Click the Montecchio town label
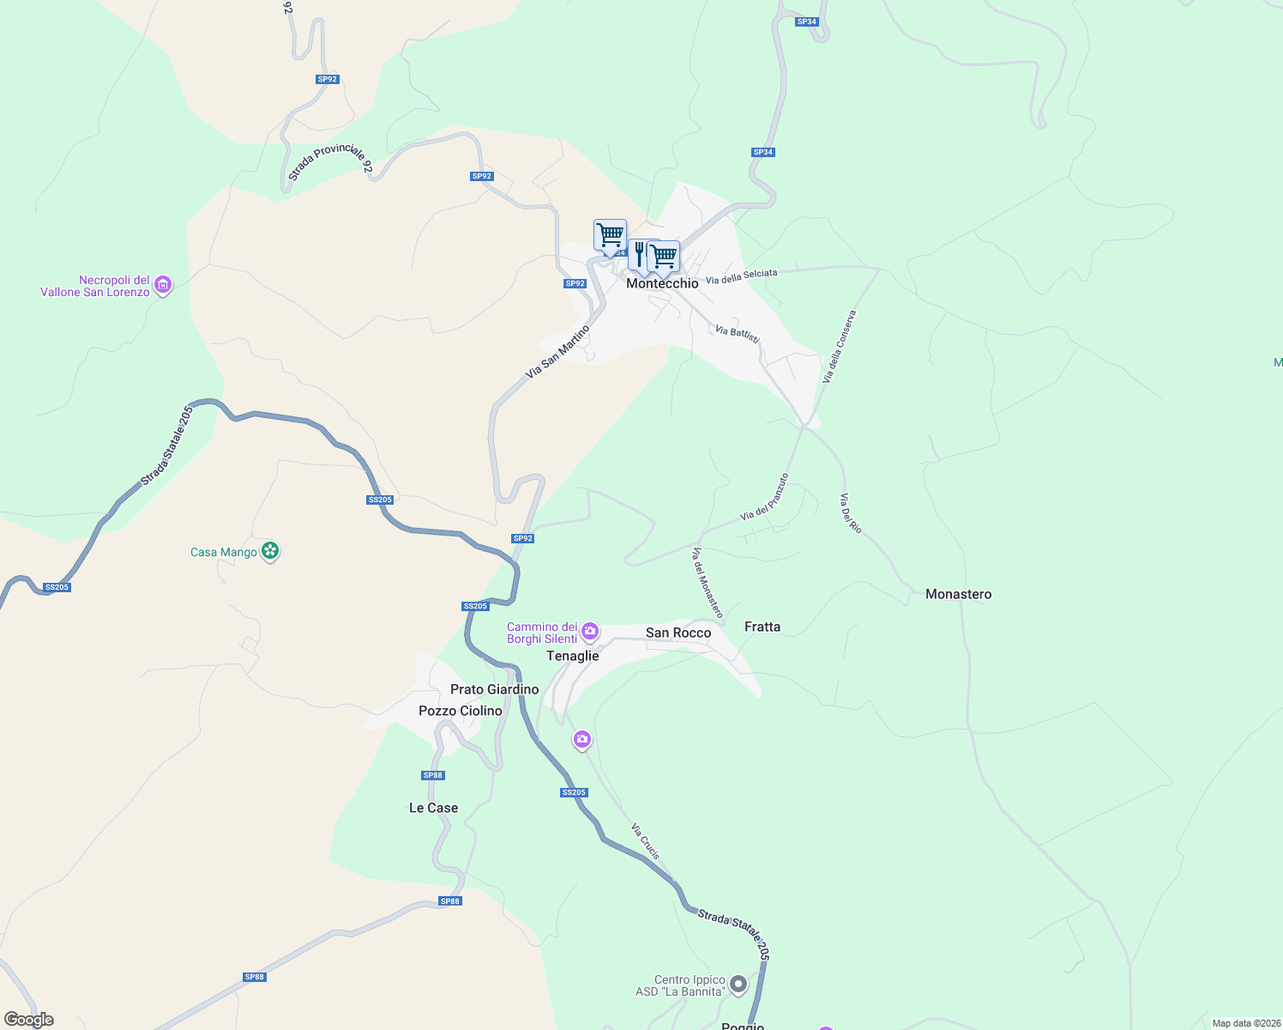pyautogui.click(x=662, y=283)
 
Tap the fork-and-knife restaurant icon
pyautogui.click(x=640, y=254)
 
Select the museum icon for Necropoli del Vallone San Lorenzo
pyautogui.click(x=163, y=285)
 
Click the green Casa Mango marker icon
pyautogui.click(x=270, y=551)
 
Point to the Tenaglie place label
pyautogui.click(x=572, y=656)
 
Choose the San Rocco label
pyautogui.click(x=678, y=633)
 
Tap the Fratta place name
pyautogui.click(x=762, y=627)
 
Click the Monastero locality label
pyautogui.click(x=958, y=594)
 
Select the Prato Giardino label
pyautogui.click(x=495, y=689)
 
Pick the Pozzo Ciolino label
pyautogui.click(x=461, y=711)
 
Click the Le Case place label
pyautogui.click(x=433, y=808)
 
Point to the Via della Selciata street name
pyautogui.click(x=741, y=276)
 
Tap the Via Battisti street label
pyautogui.click(x=738, y=333)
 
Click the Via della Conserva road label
pyautogui.click(x=840, y=347)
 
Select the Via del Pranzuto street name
pyautogui.click(x=764, y=497)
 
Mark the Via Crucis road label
pyautogui.click(x=646, y=841)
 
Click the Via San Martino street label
pyautogui.click(x=558, y=351)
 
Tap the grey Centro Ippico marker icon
pyautogui.click(x=738, y=985)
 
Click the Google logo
pyautogui.click(x=29, y=1020)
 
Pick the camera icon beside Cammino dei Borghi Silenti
pyautogui.click(x=590, y=633)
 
